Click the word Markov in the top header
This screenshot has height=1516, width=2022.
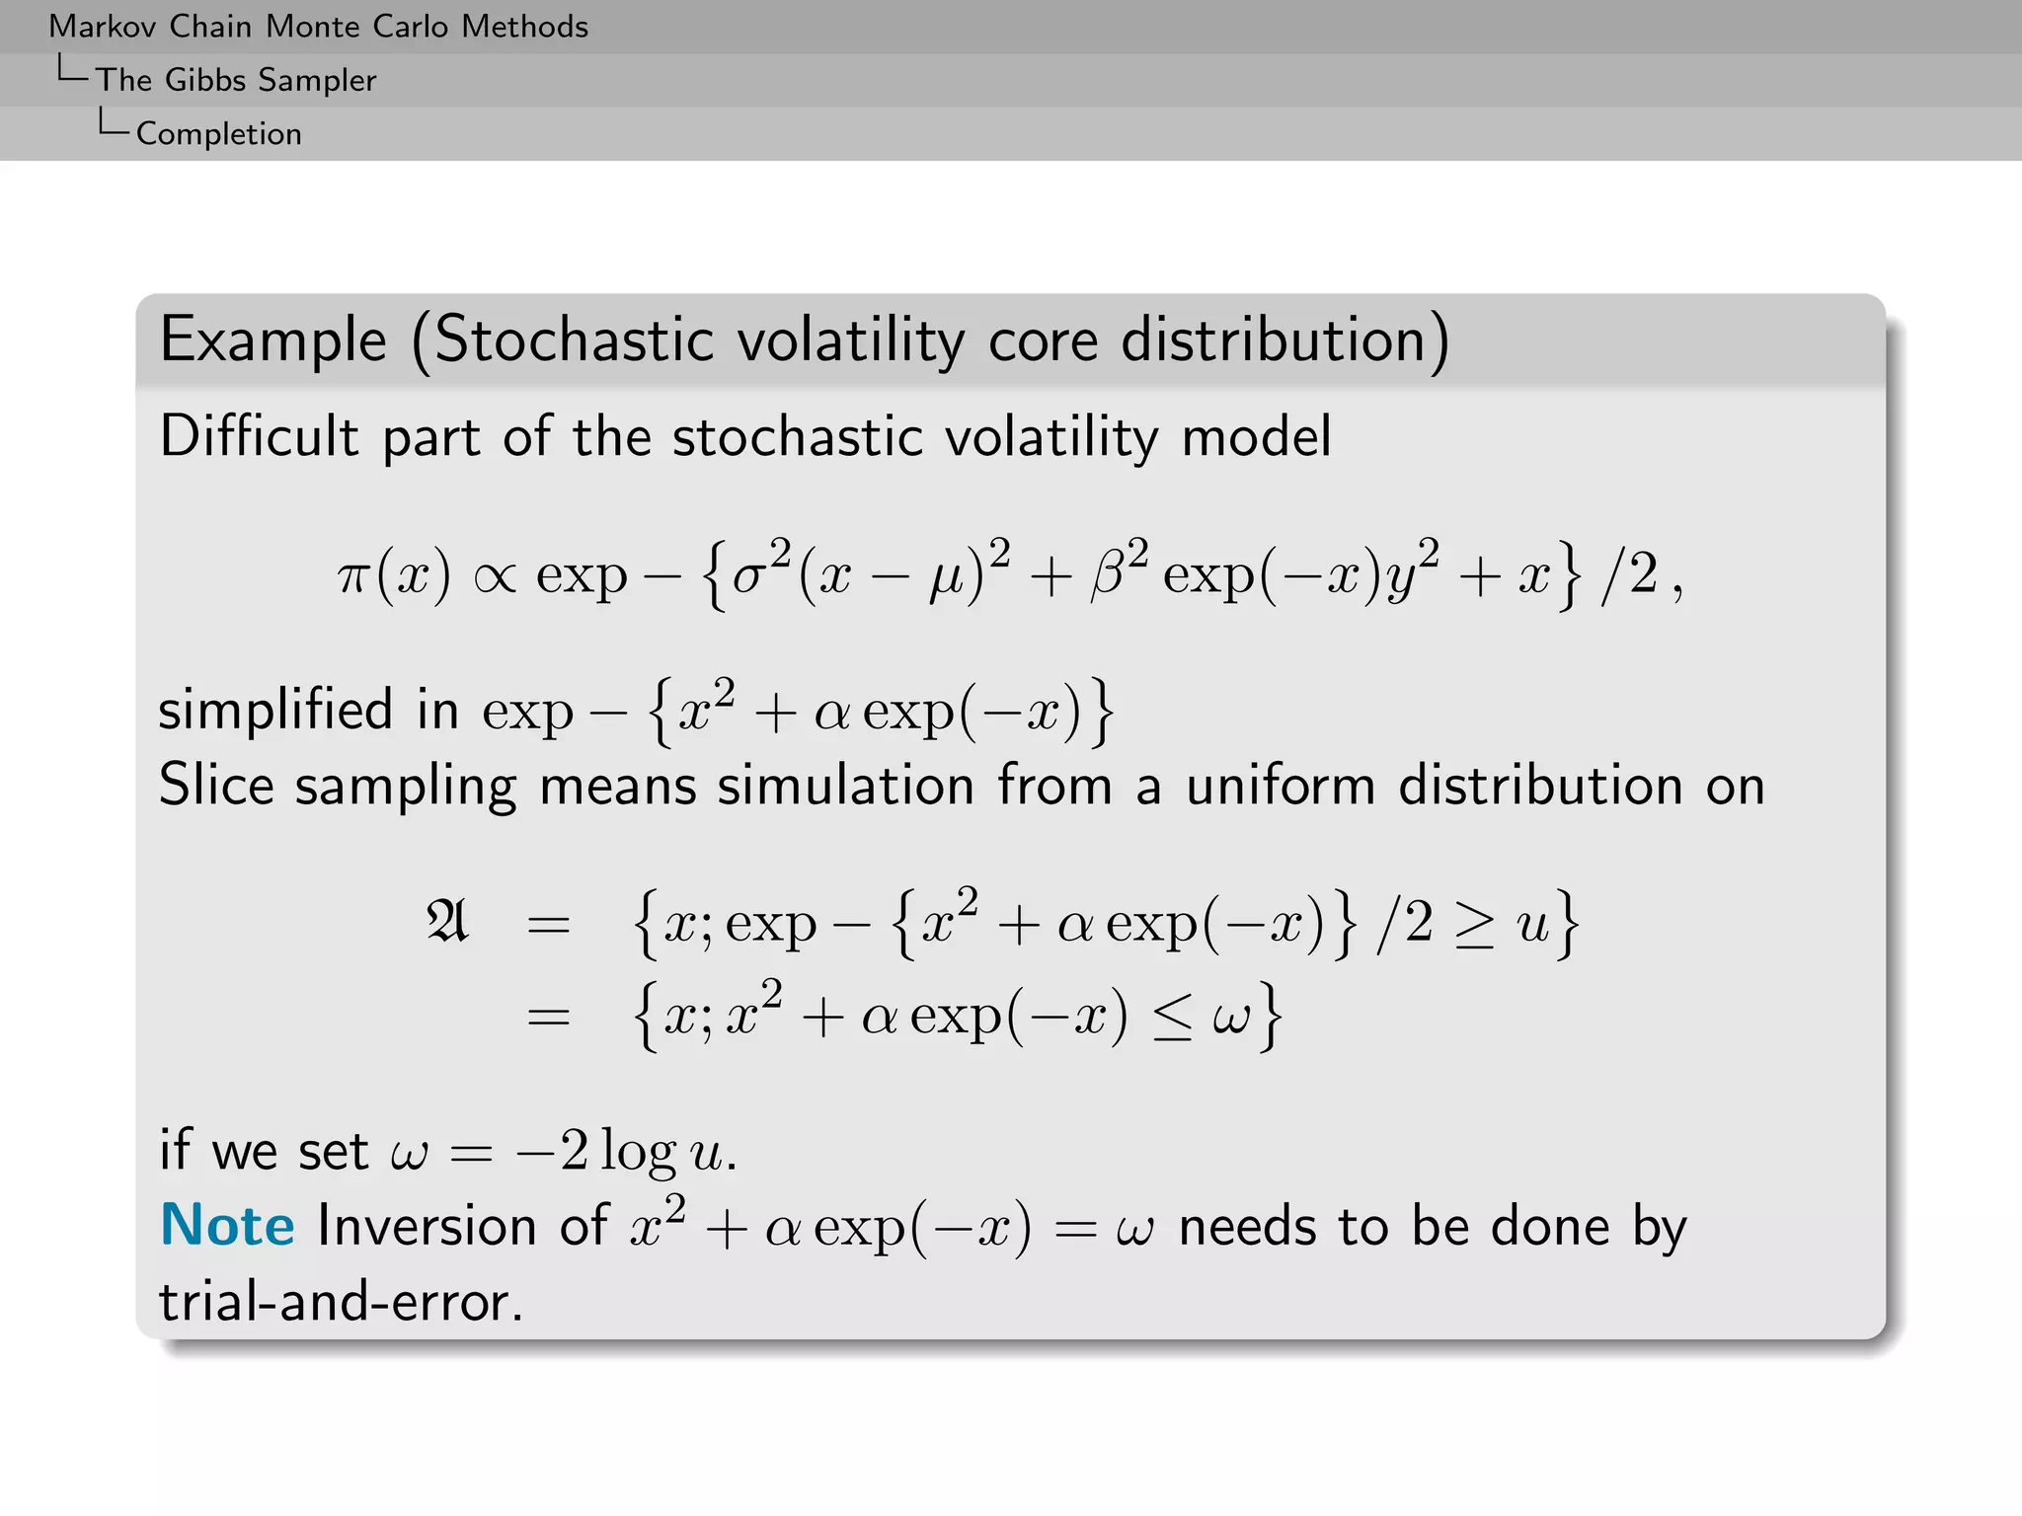102,27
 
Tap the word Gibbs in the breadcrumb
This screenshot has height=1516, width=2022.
205,80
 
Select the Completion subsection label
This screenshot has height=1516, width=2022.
218,134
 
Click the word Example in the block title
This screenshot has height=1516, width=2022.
273,341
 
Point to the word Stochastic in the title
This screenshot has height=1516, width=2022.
574,341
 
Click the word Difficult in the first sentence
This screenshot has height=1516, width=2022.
259,436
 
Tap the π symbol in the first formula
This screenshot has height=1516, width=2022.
352,576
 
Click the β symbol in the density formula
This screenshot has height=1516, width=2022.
1108,576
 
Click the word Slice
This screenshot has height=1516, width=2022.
216,786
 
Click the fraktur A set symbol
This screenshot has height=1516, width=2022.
447,922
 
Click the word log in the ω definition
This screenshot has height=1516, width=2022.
638,1152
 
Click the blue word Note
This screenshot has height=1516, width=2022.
227,1226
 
